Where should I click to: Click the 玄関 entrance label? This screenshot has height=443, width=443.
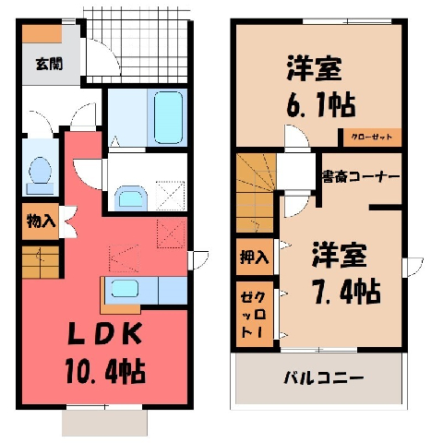pyautogui.click(x=49, y=64)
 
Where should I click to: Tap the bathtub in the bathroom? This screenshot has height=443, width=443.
pyautogui.click(x=168, y=117)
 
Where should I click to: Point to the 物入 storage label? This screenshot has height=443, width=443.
pyautogui.click(x=41, y=221)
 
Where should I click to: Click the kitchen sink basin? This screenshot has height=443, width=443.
pyautogui.click(x=125, y=289)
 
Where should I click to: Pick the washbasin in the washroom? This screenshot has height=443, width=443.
pyautogui.click(x=131, y=198)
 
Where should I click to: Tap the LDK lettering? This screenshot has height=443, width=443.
pyautogui.click(x=104, y=334)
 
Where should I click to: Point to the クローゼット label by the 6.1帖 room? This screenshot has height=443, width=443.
pyautogui.click(x=372, y=137)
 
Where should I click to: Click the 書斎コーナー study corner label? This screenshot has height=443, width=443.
pyautogui.click(x=361, y=177)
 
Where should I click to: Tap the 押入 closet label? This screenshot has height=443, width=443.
pyautogui.click(x=254, y=257)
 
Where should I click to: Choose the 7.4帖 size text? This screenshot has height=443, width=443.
pyautogui.click(x=347, y=292)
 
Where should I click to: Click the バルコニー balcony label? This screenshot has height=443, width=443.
pyautogui.click(x=323, y=377)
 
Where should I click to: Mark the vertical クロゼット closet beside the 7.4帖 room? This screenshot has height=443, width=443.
pyautogui.click(x=255, y=314)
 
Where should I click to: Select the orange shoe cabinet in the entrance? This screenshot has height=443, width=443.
pyautogui.click(x=42, y=33)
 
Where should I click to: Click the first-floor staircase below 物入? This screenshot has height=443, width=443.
pyautogui.click(x=41, y=262)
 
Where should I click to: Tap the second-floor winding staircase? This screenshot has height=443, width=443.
pyautogui.click(x=256, y=193)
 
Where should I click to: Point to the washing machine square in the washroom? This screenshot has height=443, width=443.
pyautogui.click(x=171, y=196)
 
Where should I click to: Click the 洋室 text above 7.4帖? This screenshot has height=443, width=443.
pyautogui.click(x=340, y=256)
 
